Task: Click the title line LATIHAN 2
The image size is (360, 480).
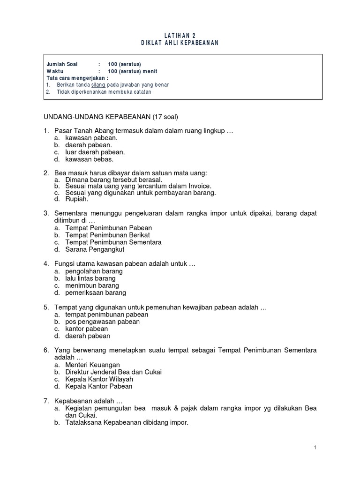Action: (180, 36)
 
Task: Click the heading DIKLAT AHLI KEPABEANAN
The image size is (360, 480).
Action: (180, 43)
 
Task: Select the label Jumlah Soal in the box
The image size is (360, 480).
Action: (62, 64)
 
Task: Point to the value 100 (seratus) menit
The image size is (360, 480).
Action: (133, 71)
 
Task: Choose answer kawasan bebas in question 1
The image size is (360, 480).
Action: (90, 159)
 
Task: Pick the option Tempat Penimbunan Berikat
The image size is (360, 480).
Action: (109, 235)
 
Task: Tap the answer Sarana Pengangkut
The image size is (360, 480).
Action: (95, 249)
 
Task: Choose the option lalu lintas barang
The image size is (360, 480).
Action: (90, 278)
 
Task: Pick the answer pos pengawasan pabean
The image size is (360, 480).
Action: (102, 322)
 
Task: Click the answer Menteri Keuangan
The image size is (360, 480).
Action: (93, 365)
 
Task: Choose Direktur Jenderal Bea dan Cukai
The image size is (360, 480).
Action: (113, 372)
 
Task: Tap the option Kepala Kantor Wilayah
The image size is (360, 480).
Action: (99, 379)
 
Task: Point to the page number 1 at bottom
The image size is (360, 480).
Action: (315, 448)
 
